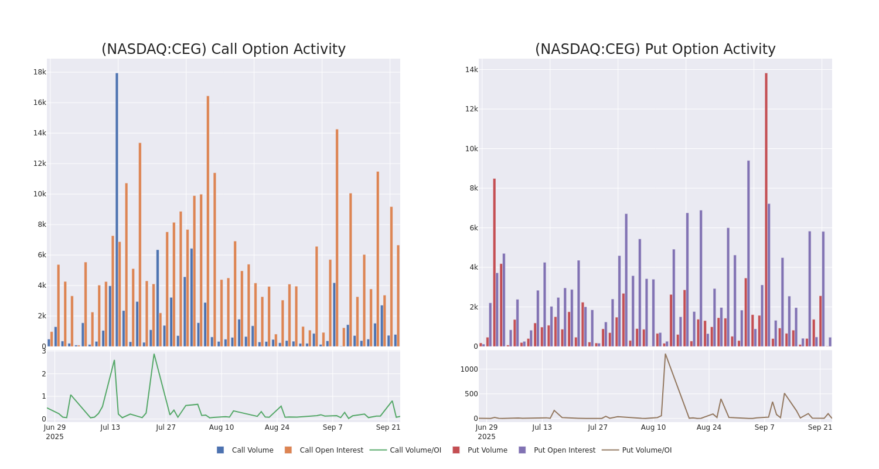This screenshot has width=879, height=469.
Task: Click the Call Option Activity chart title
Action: (223, 49)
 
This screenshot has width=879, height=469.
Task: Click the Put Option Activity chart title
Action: (655, 49)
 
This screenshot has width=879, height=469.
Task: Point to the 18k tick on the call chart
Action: (39, 72)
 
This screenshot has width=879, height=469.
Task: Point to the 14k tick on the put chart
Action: (471, 70)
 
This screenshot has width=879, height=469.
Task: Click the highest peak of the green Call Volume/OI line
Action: (154, 354)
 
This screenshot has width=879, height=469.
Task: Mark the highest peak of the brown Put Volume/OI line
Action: (665, 354)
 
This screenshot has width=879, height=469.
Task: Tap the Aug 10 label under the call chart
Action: (221, 427)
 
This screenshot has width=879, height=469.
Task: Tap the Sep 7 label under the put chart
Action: (764, 427)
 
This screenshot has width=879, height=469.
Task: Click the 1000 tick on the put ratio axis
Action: (469, 369)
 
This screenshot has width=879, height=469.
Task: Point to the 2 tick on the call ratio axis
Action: (43, 374)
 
